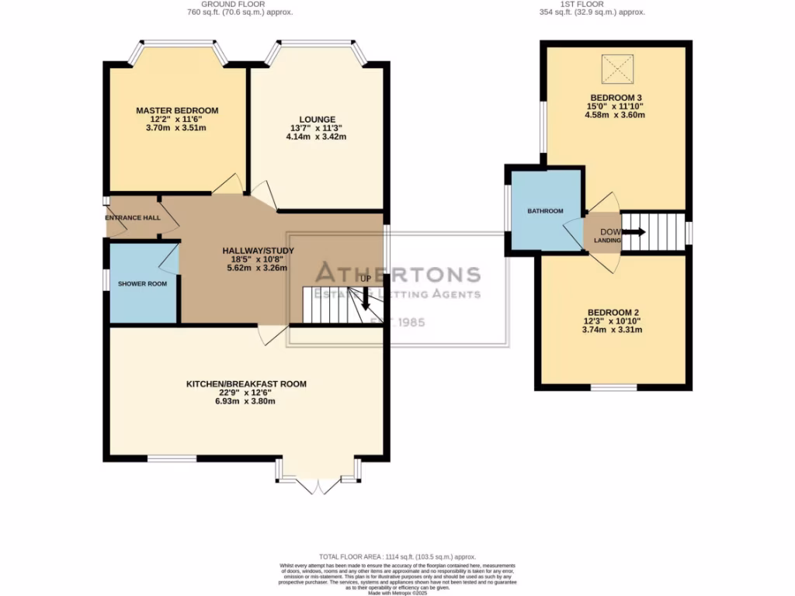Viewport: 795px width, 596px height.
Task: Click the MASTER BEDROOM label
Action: click(177, 111)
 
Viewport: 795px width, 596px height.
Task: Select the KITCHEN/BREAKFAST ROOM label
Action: click(245, 383)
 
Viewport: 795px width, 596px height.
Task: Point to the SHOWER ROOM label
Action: click(142, 284)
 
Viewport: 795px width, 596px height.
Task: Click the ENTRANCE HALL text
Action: click(133, 217)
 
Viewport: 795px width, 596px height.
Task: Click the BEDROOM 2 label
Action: click(613, 312)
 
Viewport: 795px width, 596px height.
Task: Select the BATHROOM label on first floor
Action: click(545, 211)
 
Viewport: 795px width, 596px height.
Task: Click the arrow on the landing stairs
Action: click(632, 232)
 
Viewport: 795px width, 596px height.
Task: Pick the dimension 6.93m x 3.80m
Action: click(245, 401)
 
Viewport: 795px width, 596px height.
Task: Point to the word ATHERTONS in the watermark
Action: click(397, 274)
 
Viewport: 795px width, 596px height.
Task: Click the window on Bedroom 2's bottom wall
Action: click(613, 386)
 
